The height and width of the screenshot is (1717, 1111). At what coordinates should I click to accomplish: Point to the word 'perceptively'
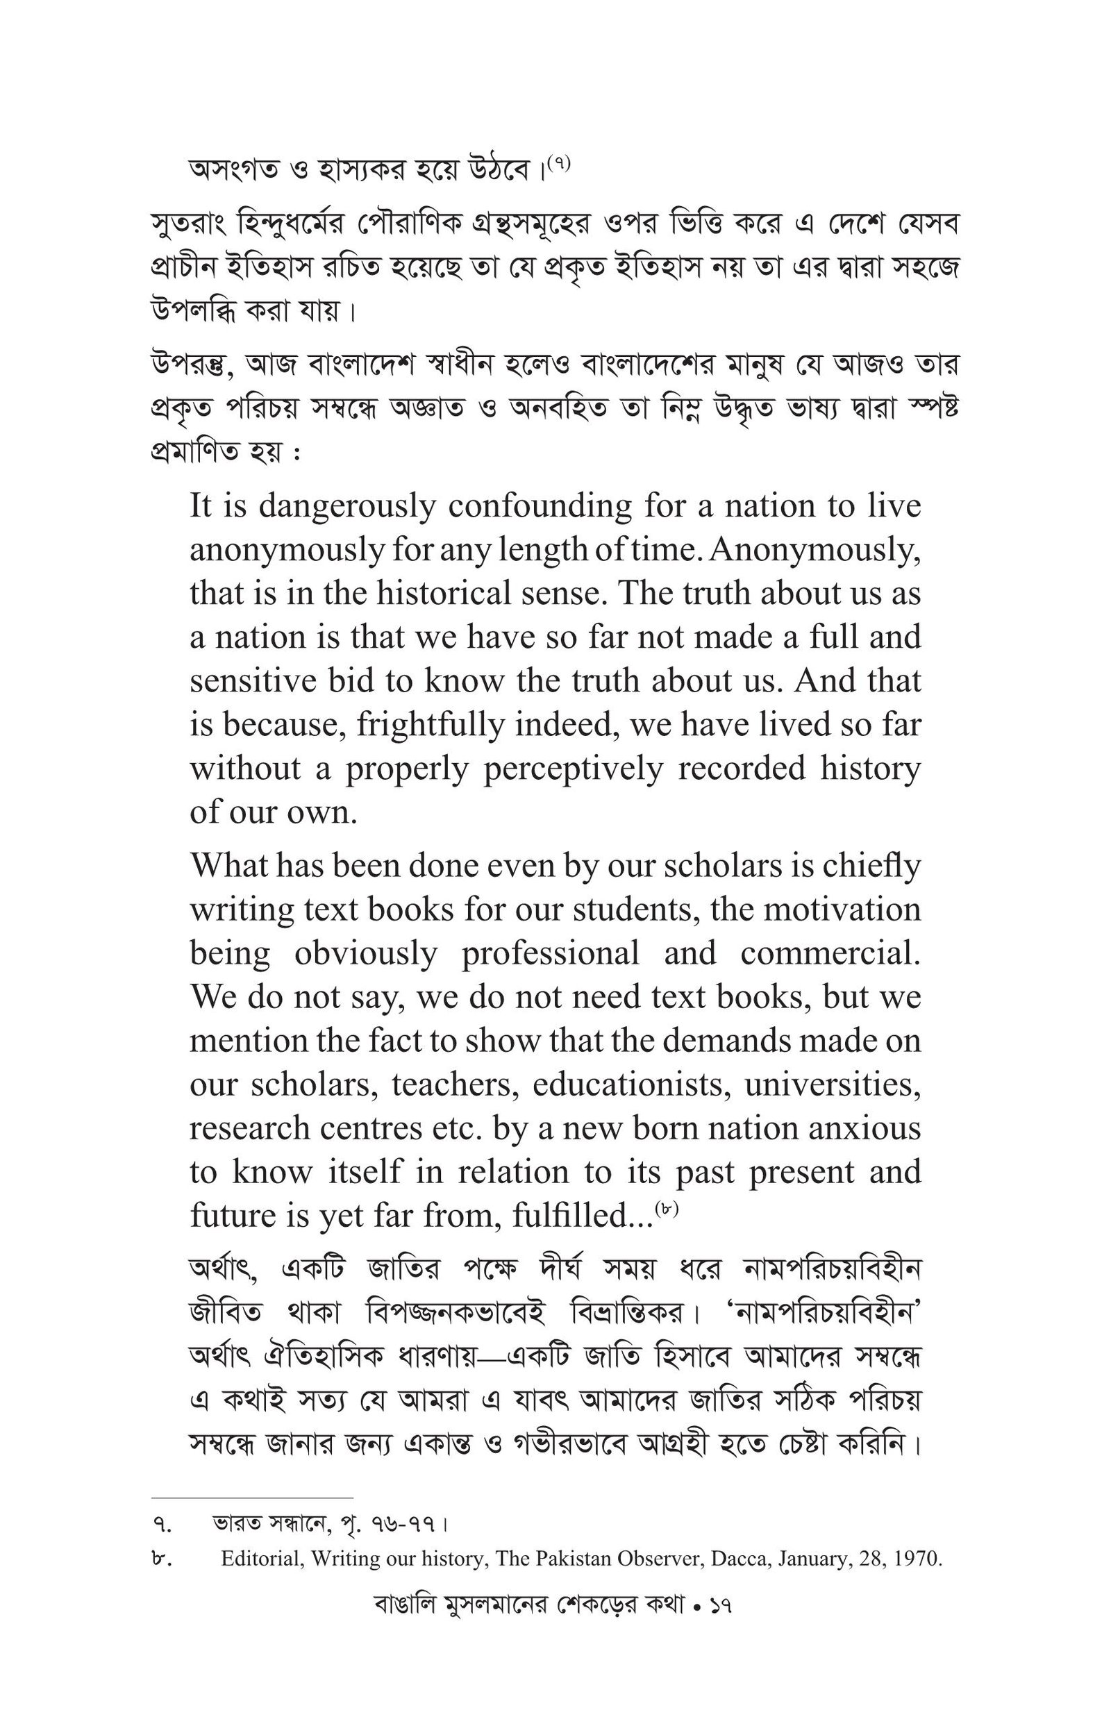pos(573,769)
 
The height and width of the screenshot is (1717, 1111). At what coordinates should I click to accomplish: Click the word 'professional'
pos(551,953)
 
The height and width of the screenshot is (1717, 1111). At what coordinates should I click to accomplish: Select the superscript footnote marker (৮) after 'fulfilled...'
pos(667,1209)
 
